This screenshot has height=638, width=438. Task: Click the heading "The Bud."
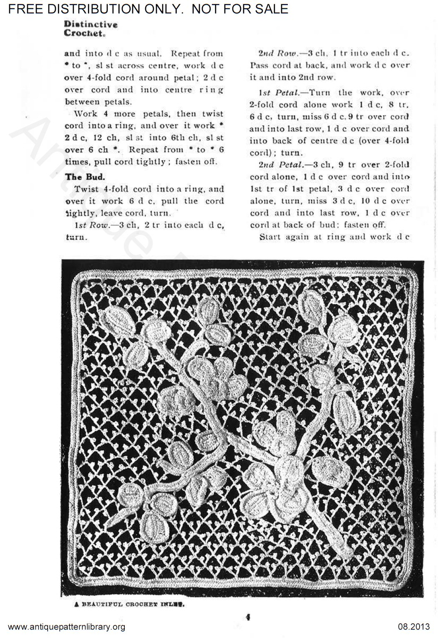click(85, 177)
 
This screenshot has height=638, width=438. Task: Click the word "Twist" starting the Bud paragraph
click(86, 189)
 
